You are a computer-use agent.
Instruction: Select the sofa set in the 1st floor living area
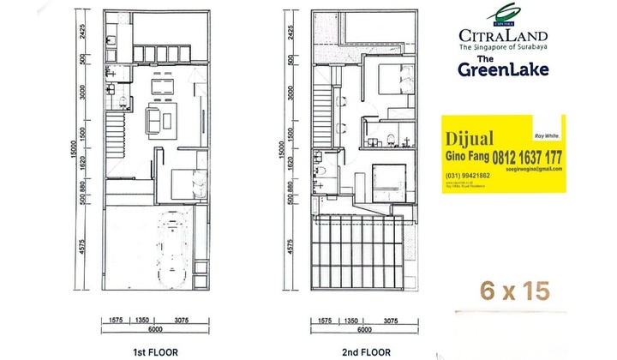[x=158, y=119]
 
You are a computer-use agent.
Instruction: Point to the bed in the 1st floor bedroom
[x=181, y=183]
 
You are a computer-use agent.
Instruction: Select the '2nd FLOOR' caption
[x=366, y=351]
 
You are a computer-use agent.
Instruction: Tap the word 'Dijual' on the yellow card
[x=468, y=138]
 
